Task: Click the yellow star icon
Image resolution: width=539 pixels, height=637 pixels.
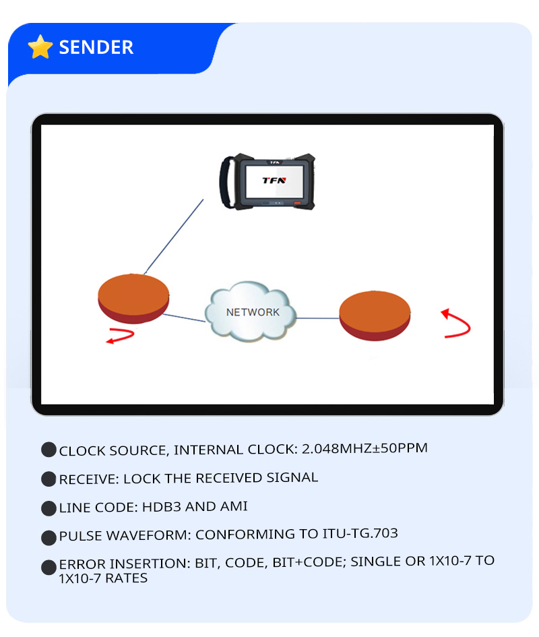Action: pyautogui.click(x=40, y=47)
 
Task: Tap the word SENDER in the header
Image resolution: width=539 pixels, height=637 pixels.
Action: pyautogui.click(x=96, y=47)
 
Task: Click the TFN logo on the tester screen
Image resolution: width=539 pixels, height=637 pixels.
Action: pyautogui.click(x=274, y=180)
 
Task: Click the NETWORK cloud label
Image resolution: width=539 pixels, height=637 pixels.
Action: pyautogui.click(x=252, y=312)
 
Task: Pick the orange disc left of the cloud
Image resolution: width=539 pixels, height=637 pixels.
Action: pyautogui.click(x=133, y=298)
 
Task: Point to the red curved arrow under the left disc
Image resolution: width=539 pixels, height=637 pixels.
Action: pyautogui.click(x=121, y=335)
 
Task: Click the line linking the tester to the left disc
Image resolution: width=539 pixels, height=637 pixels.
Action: pyautogui.click(x=174, y=235)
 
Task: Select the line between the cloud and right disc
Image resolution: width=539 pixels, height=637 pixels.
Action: pyautogui.click(x=317, y=317)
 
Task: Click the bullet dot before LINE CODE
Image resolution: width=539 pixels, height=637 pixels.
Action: pyautogui.click(x=49, y=508)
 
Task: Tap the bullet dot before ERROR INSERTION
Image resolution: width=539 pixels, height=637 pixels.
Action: pyautogui.click(x=49, y=567)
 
